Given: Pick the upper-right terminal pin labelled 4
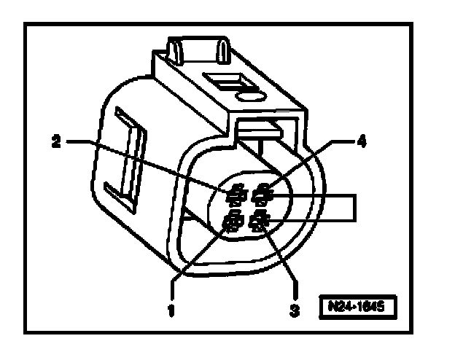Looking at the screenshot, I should pyautogui.click(x=260, y=195).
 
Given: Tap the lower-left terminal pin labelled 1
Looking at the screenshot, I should pyautogui.click(x=233, y=221).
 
